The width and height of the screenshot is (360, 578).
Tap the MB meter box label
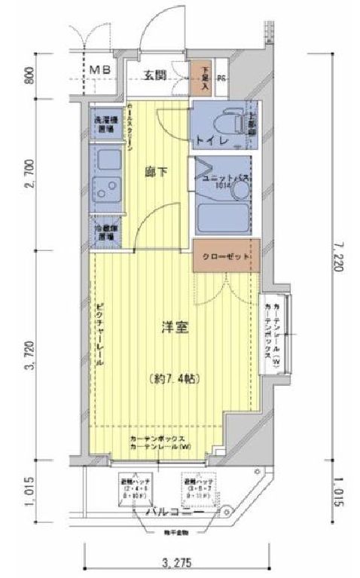click(101, 71)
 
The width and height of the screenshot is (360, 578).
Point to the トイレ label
click(208, 140)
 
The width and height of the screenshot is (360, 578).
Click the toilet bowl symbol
click(229, 120)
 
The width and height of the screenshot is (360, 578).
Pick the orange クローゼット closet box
click(225, 257)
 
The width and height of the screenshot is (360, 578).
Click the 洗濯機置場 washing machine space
click(105, 124)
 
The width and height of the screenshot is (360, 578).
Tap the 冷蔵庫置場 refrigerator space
click(105, 231)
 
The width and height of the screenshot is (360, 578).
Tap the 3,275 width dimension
click(175, 561)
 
